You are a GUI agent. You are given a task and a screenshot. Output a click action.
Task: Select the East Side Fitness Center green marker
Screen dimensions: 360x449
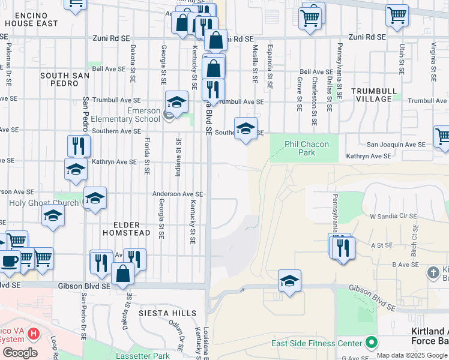point(372,343)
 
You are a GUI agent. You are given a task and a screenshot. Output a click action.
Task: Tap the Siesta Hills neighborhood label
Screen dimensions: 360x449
point(167,313)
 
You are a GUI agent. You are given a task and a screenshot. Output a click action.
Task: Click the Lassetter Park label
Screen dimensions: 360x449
point(142,356)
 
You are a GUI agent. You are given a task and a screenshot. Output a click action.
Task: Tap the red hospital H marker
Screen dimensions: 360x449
point(34,333)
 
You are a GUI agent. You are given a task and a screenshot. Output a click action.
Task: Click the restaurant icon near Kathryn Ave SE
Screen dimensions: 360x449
point(79,145)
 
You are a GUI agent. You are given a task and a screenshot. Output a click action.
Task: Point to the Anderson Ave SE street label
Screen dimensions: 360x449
point(178,194)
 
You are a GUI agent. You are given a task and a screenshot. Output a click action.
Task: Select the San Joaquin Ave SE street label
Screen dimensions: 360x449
point(396,145)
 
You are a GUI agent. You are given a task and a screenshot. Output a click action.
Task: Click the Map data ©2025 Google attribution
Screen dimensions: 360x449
point(412,355)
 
